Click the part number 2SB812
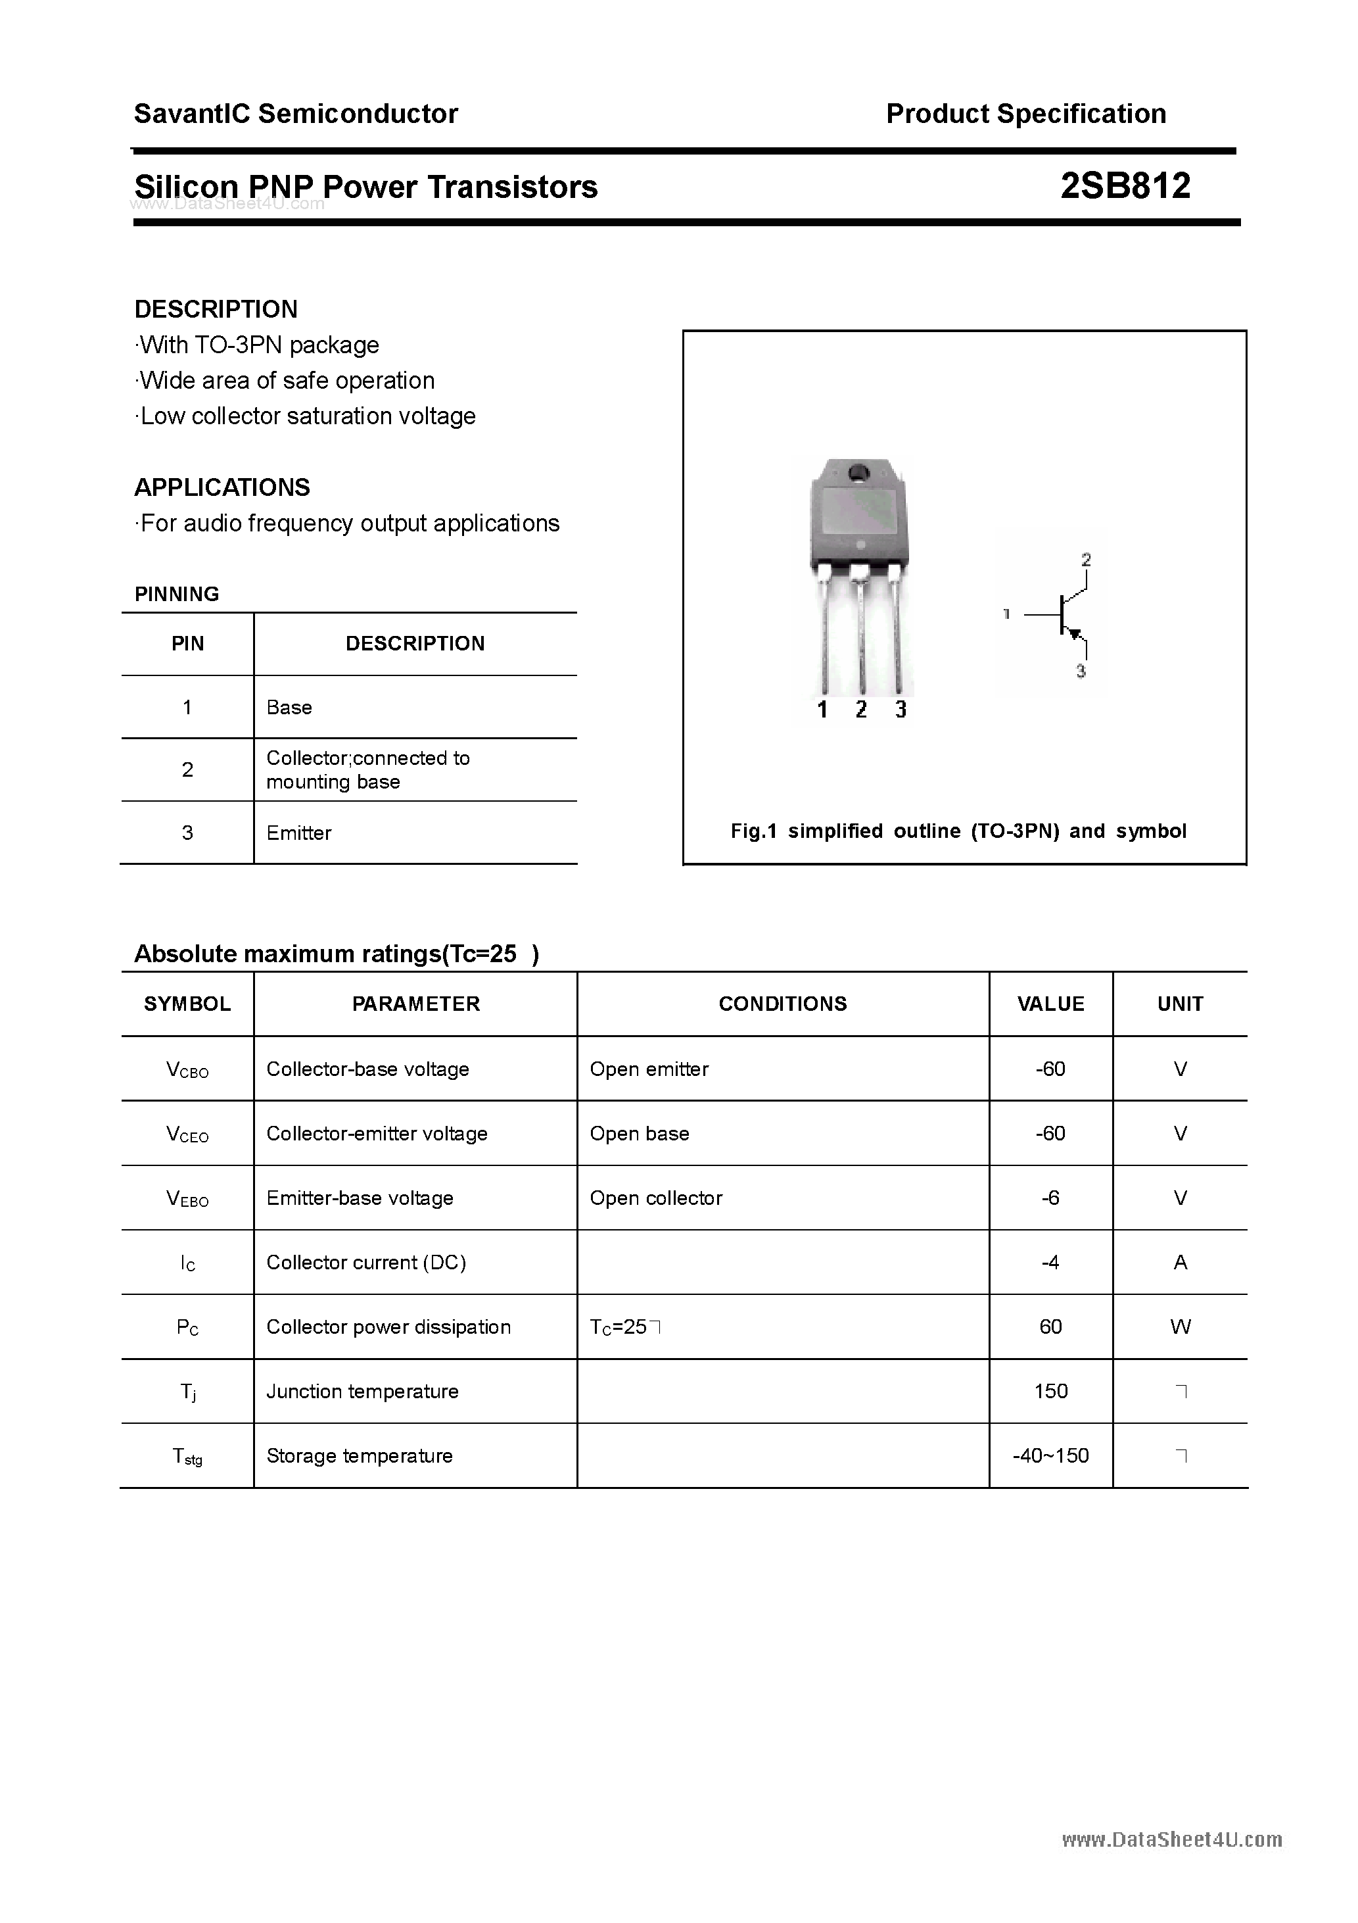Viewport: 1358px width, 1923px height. (x=1125, y=186)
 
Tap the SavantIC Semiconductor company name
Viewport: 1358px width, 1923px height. (x=296, y=113)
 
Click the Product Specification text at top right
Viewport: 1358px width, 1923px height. (x=1025, y=113)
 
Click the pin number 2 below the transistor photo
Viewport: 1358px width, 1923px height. (x=860, y=710)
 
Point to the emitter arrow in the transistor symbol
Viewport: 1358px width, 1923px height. (x=1075, y=634)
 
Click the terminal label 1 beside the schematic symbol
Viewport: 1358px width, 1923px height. (x=1006, y=614)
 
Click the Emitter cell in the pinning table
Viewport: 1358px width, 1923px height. (x=299, y=833)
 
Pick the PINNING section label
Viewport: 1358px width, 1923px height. (x=177, y=594)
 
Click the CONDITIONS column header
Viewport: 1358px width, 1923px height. (x=782, y=1004)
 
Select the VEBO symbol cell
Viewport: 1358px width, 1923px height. (x=187, y=1198)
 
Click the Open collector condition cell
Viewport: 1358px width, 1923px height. (x=655, y=1198)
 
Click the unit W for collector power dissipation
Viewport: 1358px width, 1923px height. (x=1180, y=1327)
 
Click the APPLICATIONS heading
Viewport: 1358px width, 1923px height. (x=222, y=487)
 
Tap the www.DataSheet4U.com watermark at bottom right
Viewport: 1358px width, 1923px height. (x=1171, y=1839)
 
